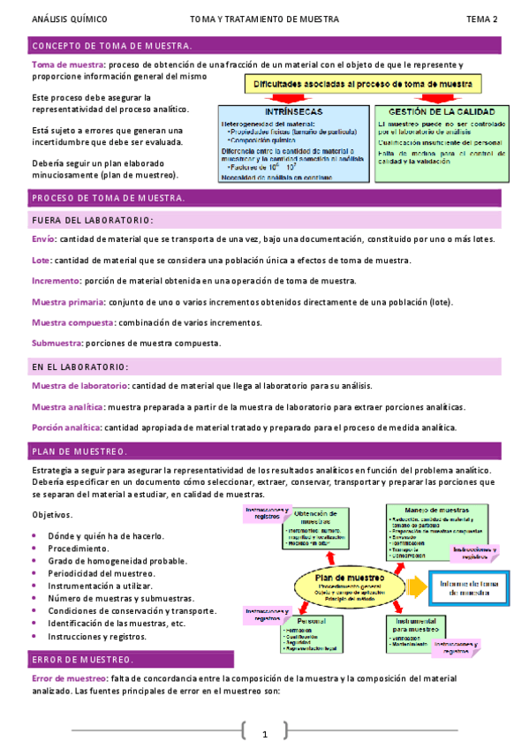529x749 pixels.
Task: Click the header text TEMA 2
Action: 482,19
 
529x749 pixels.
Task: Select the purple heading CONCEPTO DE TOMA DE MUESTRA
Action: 111,45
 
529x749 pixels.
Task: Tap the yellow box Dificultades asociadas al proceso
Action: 364,84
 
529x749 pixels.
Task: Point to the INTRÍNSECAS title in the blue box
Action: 292,112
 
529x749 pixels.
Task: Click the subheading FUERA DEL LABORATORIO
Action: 92,220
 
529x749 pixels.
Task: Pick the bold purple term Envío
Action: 43,239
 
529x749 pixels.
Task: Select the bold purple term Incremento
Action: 56,281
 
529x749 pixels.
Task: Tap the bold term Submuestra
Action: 57,343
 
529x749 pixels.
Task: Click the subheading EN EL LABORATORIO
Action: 79,366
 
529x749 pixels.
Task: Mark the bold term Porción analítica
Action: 66,427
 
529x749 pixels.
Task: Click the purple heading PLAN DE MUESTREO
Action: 79,450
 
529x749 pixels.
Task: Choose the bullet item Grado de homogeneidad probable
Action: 112,561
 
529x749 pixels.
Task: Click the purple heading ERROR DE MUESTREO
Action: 82,659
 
